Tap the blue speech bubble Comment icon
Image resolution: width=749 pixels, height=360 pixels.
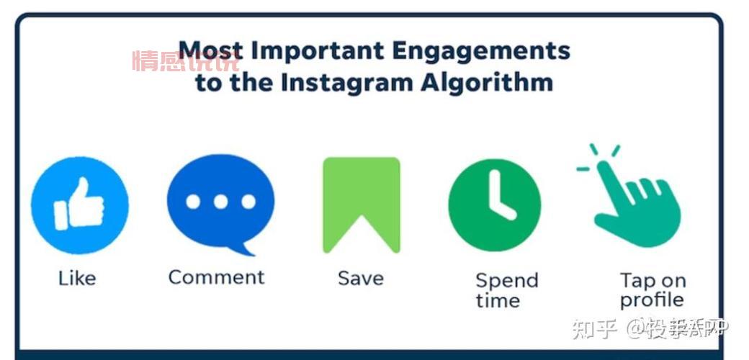pyautogui.click(x=220, y=203)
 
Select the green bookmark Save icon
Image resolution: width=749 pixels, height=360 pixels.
pyautogui.click(x=361, y=204)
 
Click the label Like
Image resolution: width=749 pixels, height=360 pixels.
pyautogui.click(x=76, y=278)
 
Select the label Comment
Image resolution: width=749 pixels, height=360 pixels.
pyautogui.click(x=216, y=277)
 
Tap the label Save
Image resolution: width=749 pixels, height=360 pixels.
pyautogui.click(x=360, y=278)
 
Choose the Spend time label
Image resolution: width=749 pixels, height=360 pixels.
pyautogui.click(x=506, y=289)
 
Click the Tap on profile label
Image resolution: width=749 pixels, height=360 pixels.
pyautogui.click(x=652, y=289)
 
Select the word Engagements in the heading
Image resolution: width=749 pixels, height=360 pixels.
pyautogui.click(x=480, y=51)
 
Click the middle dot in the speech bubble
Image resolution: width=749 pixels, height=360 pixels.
pyautogui.click(x=220, y=202)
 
